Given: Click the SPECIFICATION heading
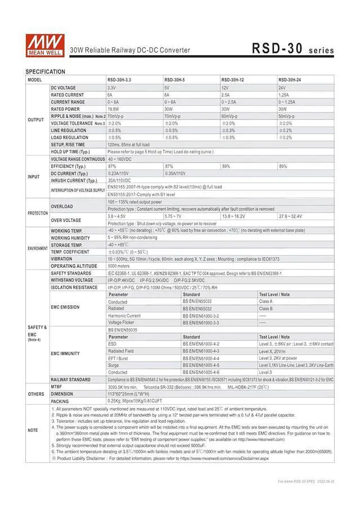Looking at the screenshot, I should pyautogui.click(x=45, y=72).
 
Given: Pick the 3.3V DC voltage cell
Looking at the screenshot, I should pyautogui.click(x=111, y=88).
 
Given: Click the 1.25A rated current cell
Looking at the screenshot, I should pyautogui.click(x=283, y=95).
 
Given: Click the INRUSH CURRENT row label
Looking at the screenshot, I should pyautogui.click(x=73, y=180).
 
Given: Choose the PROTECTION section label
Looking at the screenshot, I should pyautogui.click(x=37, y=213).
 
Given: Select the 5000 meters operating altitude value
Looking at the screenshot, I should pyautogui.click(x=119, y=266).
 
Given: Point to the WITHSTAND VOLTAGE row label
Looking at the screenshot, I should pyautogui.click(x=72, y=280).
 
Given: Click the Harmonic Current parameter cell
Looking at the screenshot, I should pyautogui.click(x=124, y=316).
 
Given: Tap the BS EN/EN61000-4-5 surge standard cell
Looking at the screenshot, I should pyautogui.click(x=201, y=365).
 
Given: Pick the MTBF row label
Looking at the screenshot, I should pyautogui.click(x=56, y=387).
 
